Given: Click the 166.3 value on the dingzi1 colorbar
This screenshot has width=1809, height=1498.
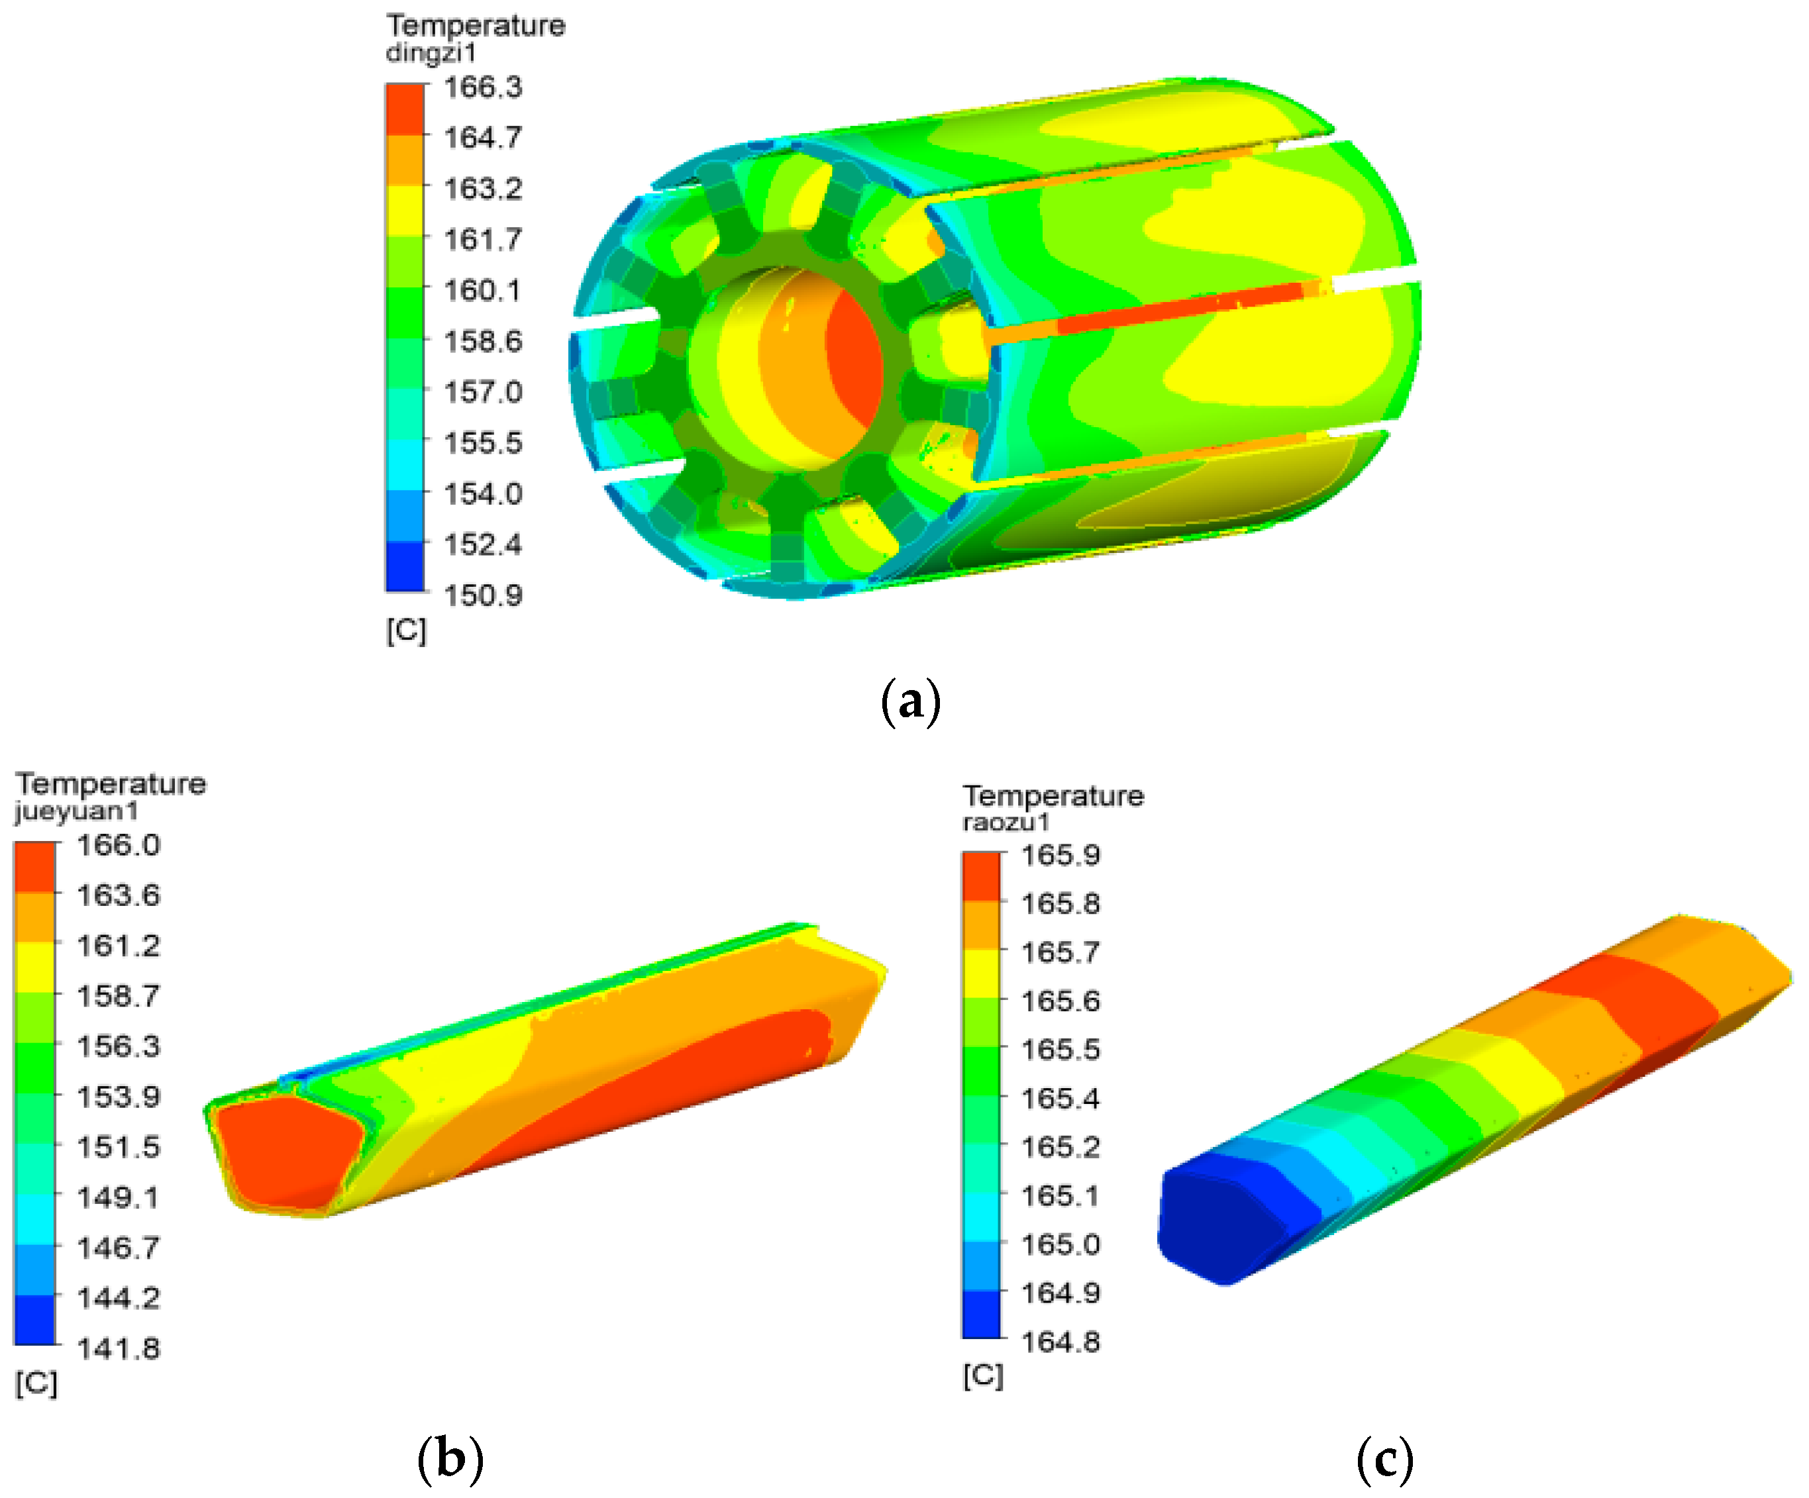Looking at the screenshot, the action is pyautogui.click(x=482, y=87).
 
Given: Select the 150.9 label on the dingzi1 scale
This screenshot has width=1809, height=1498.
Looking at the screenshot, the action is pyautogui.click(x=482, y=595).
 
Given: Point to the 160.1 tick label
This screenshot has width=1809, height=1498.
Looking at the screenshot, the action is pyautogui.click(x=482, y=290).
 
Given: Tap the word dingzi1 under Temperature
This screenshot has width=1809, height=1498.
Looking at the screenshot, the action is pyautogui.click(x=431, y=52).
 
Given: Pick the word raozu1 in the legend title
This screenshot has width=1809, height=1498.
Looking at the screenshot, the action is pyautogui.click(x=1006, y=822).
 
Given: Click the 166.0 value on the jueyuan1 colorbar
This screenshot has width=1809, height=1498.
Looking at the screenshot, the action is pyautogui.click(x=118, y=845).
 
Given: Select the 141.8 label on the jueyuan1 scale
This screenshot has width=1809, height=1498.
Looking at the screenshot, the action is pyautogui.click(x=118, y=1348).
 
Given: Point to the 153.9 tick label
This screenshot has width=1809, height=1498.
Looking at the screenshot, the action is pyautogui.click(x=118, y=1097).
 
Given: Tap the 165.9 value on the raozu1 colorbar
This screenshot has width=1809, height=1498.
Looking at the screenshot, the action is pyautogui.click(x=1060, y=856).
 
